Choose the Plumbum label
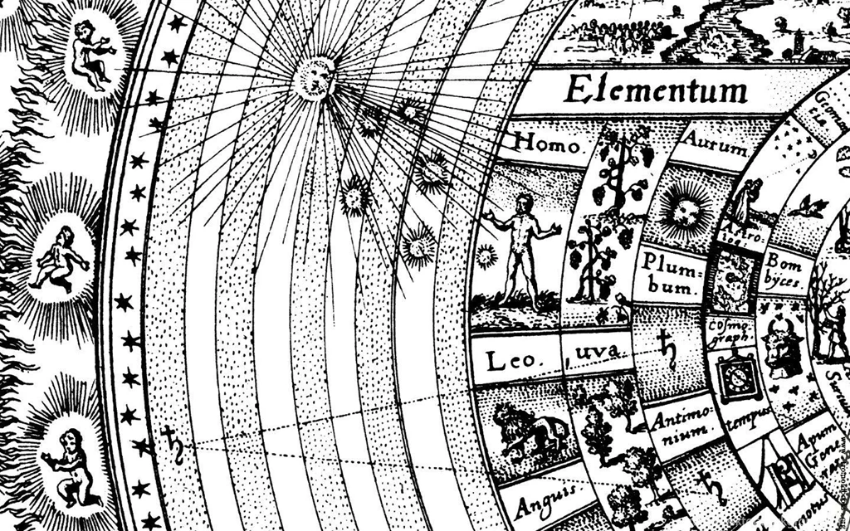coord(671,273)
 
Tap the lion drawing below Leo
coord(529,431)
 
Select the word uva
coord(595,353)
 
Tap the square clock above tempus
coord(735,377)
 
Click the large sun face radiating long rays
coord(314,78)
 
